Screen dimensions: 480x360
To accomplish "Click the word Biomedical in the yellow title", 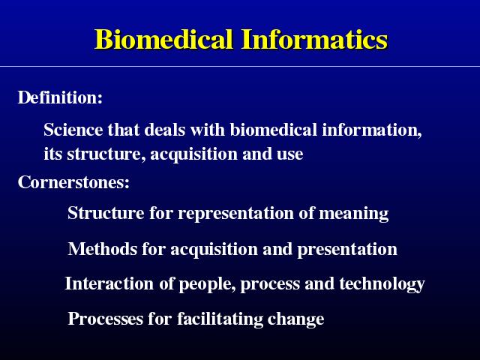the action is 163,39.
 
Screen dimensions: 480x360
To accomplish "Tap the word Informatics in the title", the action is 315,39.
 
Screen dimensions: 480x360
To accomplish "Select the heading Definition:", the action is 60,97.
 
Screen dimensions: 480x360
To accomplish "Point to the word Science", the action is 73,130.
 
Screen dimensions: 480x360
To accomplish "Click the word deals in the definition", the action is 165,130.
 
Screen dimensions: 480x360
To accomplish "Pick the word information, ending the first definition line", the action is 372,130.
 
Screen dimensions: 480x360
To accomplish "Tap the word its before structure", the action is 53,154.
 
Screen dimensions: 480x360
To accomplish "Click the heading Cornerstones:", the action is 73,181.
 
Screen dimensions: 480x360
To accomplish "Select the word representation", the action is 236,213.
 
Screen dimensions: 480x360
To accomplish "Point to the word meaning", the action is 354,214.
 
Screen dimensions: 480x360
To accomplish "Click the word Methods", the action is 103,248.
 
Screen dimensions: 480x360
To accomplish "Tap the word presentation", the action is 347,250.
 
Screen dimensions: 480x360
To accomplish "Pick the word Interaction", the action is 109,283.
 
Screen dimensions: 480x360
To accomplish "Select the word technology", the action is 382,284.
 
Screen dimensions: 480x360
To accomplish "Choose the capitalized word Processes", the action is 105,319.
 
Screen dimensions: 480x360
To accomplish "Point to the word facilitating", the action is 220,319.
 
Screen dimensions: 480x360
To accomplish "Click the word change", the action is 296,319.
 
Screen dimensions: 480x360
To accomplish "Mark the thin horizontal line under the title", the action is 240,66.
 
